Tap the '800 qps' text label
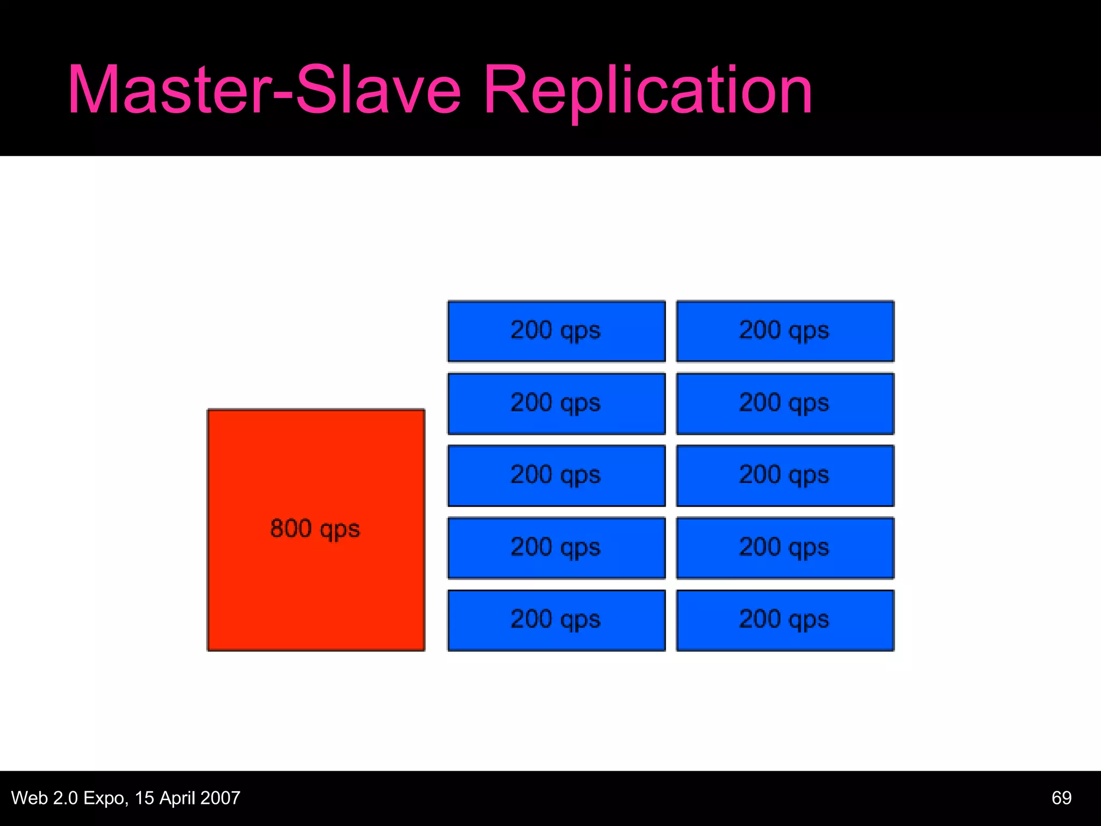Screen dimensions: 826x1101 [x=315, y=529]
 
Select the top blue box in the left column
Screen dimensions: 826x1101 [x=556, y=331]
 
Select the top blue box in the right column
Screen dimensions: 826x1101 [x=785, y=331]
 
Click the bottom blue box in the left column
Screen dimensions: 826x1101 [x=556, y=620]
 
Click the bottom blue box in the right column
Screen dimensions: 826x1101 [x=785, y=620]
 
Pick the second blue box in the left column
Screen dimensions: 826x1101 [x=556, y=403]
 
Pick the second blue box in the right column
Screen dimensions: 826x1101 [x=785, y=403]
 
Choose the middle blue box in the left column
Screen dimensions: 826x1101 [x=556, y=475]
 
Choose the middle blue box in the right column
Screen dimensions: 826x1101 [x=785, y=475]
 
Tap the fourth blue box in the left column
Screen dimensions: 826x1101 [x=556, y=547]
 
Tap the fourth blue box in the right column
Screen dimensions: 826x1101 [x=785, y=547]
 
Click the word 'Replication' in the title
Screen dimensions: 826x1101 [x=647, y=90]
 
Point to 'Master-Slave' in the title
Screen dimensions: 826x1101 [x=263, y=90]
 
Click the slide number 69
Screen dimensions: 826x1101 [x=1061, y=797]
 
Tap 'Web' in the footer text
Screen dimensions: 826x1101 [x=30, y=797]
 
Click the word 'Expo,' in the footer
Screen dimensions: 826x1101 [x=106, y=798]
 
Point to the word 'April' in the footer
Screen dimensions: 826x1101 [x=177, y=798]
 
